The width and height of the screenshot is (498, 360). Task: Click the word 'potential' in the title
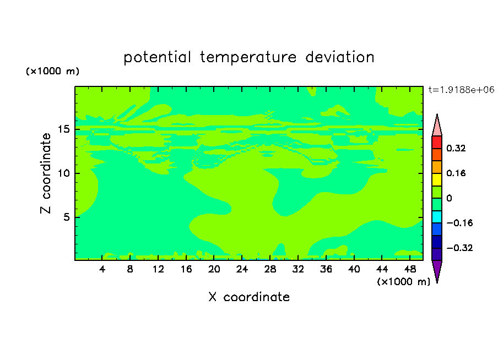157,57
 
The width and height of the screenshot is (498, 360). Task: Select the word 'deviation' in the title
339,57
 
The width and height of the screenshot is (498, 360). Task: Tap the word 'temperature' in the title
248,57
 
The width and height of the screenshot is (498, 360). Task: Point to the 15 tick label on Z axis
64,129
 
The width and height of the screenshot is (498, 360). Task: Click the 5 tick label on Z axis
66,217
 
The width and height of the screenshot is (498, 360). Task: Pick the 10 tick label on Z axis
64,173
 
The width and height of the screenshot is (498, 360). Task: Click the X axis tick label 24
242,269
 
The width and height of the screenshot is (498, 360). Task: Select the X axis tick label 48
410,269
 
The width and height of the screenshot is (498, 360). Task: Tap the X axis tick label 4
102,269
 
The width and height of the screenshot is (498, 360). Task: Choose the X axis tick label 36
326,269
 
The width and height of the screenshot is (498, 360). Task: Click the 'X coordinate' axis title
249,297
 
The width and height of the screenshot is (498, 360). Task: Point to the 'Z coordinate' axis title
46,173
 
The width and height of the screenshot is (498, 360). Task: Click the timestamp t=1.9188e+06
461,90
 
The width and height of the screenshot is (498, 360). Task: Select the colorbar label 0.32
456,148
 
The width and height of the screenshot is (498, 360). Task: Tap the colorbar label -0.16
459,223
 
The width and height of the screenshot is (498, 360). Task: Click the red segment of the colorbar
437,142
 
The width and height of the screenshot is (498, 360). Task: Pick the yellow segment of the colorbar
437,179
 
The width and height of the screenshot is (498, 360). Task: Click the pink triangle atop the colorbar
437,125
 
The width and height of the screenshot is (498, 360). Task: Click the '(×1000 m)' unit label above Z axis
52,71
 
